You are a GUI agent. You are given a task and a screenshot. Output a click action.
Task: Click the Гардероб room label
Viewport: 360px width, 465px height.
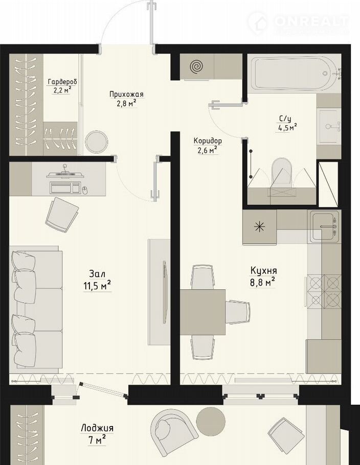62,82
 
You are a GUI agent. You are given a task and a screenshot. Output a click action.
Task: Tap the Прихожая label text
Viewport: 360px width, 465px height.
126,95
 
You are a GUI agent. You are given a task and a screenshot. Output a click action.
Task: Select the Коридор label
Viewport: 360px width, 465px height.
208,141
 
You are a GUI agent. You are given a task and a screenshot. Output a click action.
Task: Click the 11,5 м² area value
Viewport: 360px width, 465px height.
97,286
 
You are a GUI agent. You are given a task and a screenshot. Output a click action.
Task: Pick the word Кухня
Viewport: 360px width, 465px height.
264,271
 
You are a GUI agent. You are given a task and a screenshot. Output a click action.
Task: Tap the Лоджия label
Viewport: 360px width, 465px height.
97,428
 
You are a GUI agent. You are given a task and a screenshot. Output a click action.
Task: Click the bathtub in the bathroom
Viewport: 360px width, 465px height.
292,73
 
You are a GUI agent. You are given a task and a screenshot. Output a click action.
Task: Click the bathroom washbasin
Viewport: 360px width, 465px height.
329,126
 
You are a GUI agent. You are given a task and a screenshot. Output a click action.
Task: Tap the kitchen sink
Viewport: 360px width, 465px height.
324,227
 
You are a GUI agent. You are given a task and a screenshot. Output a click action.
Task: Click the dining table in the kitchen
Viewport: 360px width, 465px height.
202,312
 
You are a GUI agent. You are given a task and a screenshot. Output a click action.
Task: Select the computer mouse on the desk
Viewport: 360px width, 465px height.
85,190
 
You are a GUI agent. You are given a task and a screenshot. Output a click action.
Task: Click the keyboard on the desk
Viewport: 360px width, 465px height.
65,188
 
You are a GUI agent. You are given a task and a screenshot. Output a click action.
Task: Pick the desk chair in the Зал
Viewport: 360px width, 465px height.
62,215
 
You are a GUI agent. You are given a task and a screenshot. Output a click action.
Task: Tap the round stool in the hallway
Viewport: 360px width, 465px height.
96,142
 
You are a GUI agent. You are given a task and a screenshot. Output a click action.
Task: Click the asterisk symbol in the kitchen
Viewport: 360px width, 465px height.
260,227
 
